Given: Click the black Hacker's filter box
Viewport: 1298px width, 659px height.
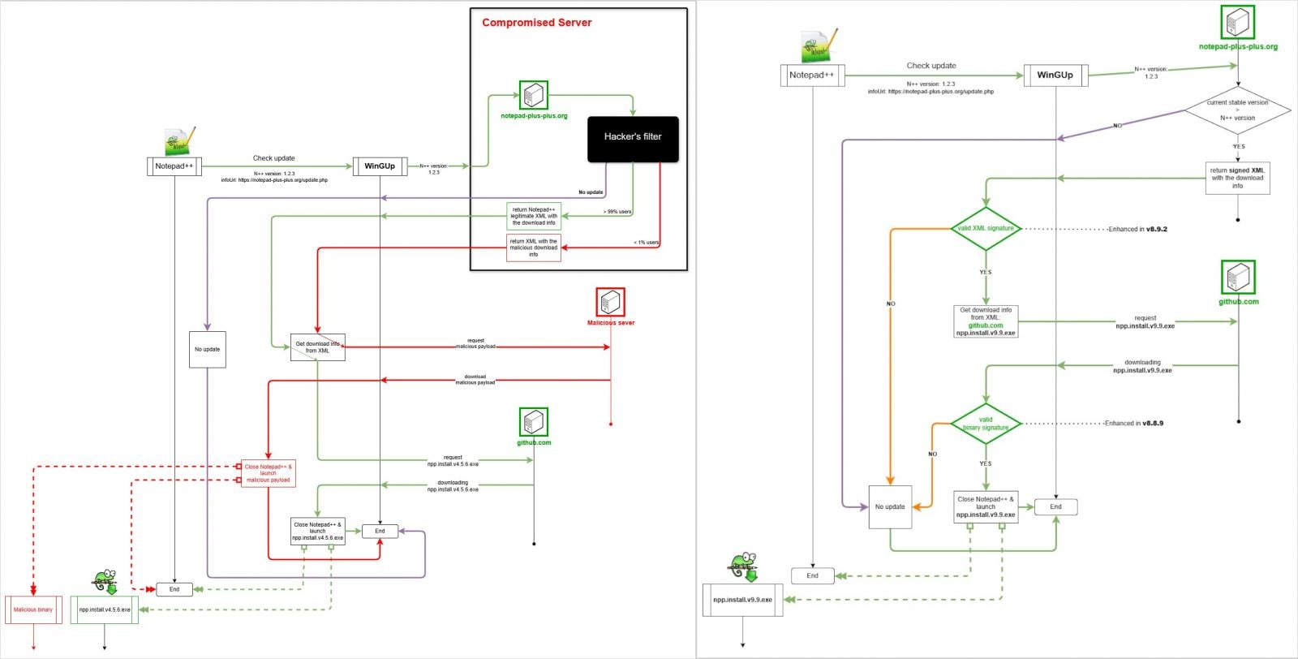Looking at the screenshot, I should (x=633, y=139).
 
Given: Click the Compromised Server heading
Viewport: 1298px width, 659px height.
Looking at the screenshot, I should (x=536, y=23).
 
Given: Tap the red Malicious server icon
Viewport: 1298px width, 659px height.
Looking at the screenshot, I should (x=610, y=303).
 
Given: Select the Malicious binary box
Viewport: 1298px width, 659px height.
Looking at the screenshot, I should (x=33, y=609).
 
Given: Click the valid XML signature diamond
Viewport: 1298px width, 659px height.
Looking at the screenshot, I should (x=986, y=229).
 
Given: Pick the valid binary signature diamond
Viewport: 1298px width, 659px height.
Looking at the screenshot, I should (x=986, y=424).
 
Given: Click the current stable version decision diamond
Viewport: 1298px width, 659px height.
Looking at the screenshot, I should (x=1237, y=110).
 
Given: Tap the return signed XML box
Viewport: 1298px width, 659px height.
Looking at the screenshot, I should (x=1237, y=178).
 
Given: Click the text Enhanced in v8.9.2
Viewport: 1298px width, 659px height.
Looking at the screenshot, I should (x=1137, y=229).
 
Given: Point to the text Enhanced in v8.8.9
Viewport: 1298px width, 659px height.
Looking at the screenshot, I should (x=1133, y=424).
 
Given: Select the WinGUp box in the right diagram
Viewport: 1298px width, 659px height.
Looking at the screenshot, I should (x=1055, y=75).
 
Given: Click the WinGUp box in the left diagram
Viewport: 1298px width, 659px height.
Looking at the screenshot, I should (x=380, y=166).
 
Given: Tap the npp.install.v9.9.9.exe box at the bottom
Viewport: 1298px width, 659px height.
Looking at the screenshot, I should (x=742, y=600).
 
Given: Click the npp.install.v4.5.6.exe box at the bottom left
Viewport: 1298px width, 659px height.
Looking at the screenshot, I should (x=105, y=609).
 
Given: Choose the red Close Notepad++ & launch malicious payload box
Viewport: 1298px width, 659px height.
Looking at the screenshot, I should (x=269, y=473).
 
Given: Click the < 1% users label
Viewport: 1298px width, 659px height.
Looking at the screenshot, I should (x=646, y=243).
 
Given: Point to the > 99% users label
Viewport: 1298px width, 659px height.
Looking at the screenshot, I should (x=617, y=212).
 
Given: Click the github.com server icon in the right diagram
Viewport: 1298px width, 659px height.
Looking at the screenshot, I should (x=1238, y=278).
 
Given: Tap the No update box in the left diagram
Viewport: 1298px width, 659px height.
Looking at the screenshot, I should (x=207, y=350).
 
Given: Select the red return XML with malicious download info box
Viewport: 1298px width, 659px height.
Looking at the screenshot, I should (x=533, y=248).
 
